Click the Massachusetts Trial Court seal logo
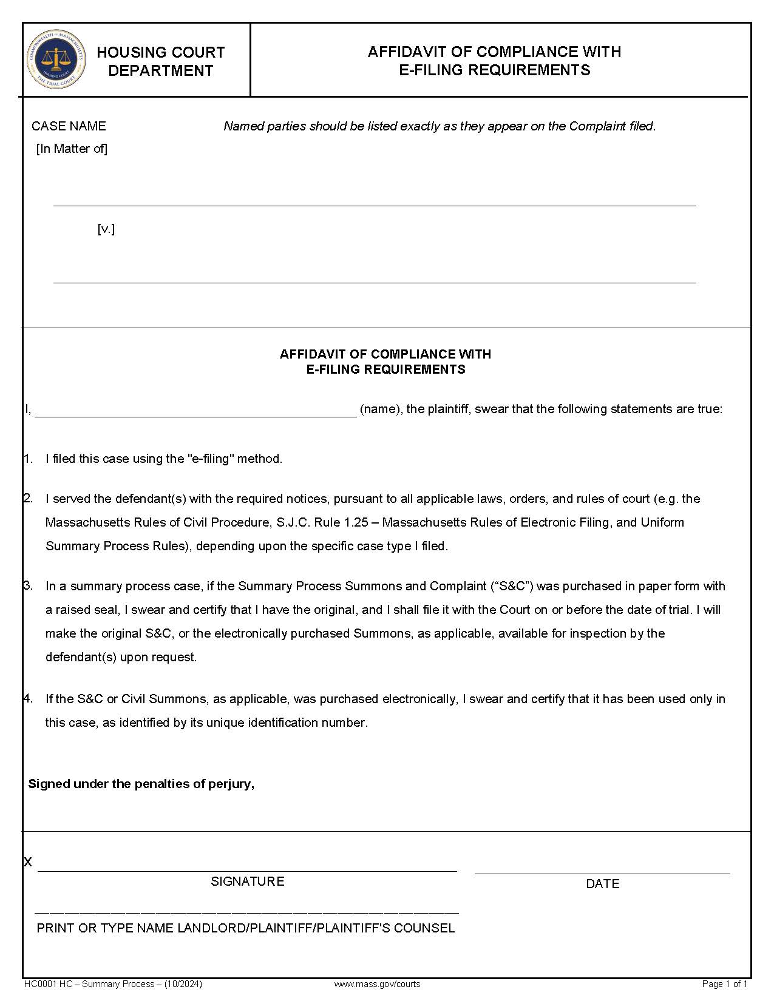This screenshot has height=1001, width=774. (56, 59)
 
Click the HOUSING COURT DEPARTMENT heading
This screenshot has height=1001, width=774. (161, 61)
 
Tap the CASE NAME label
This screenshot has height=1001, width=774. (69, 126)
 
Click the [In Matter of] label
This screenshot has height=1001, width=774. (72, 149)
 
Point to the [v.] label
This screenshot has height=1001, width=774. (106, 229)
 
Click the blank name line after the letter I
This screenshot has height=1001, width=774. (195, 413)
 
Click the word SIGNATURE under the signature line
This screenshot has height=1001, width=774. (247, 881)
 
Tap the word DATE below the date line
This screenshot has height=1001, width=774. (602, 884)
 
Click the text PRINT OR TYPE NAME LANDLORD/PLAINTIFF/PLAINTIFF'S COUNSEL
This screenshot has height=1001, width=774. (246, 928)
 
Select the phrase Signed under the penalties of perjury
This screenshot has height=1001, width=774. (141, 784)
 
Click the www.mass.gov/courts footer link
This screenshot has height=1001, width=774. (377, 984)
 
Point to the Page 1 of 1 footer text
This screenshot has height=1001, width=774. (724, 984)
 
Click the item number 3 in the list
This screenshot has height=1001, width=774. (28, 586)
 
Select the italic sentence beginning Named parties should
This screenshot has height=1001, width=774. (440, 126)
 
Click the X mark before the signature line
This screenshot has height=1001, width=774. (28, 862)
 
